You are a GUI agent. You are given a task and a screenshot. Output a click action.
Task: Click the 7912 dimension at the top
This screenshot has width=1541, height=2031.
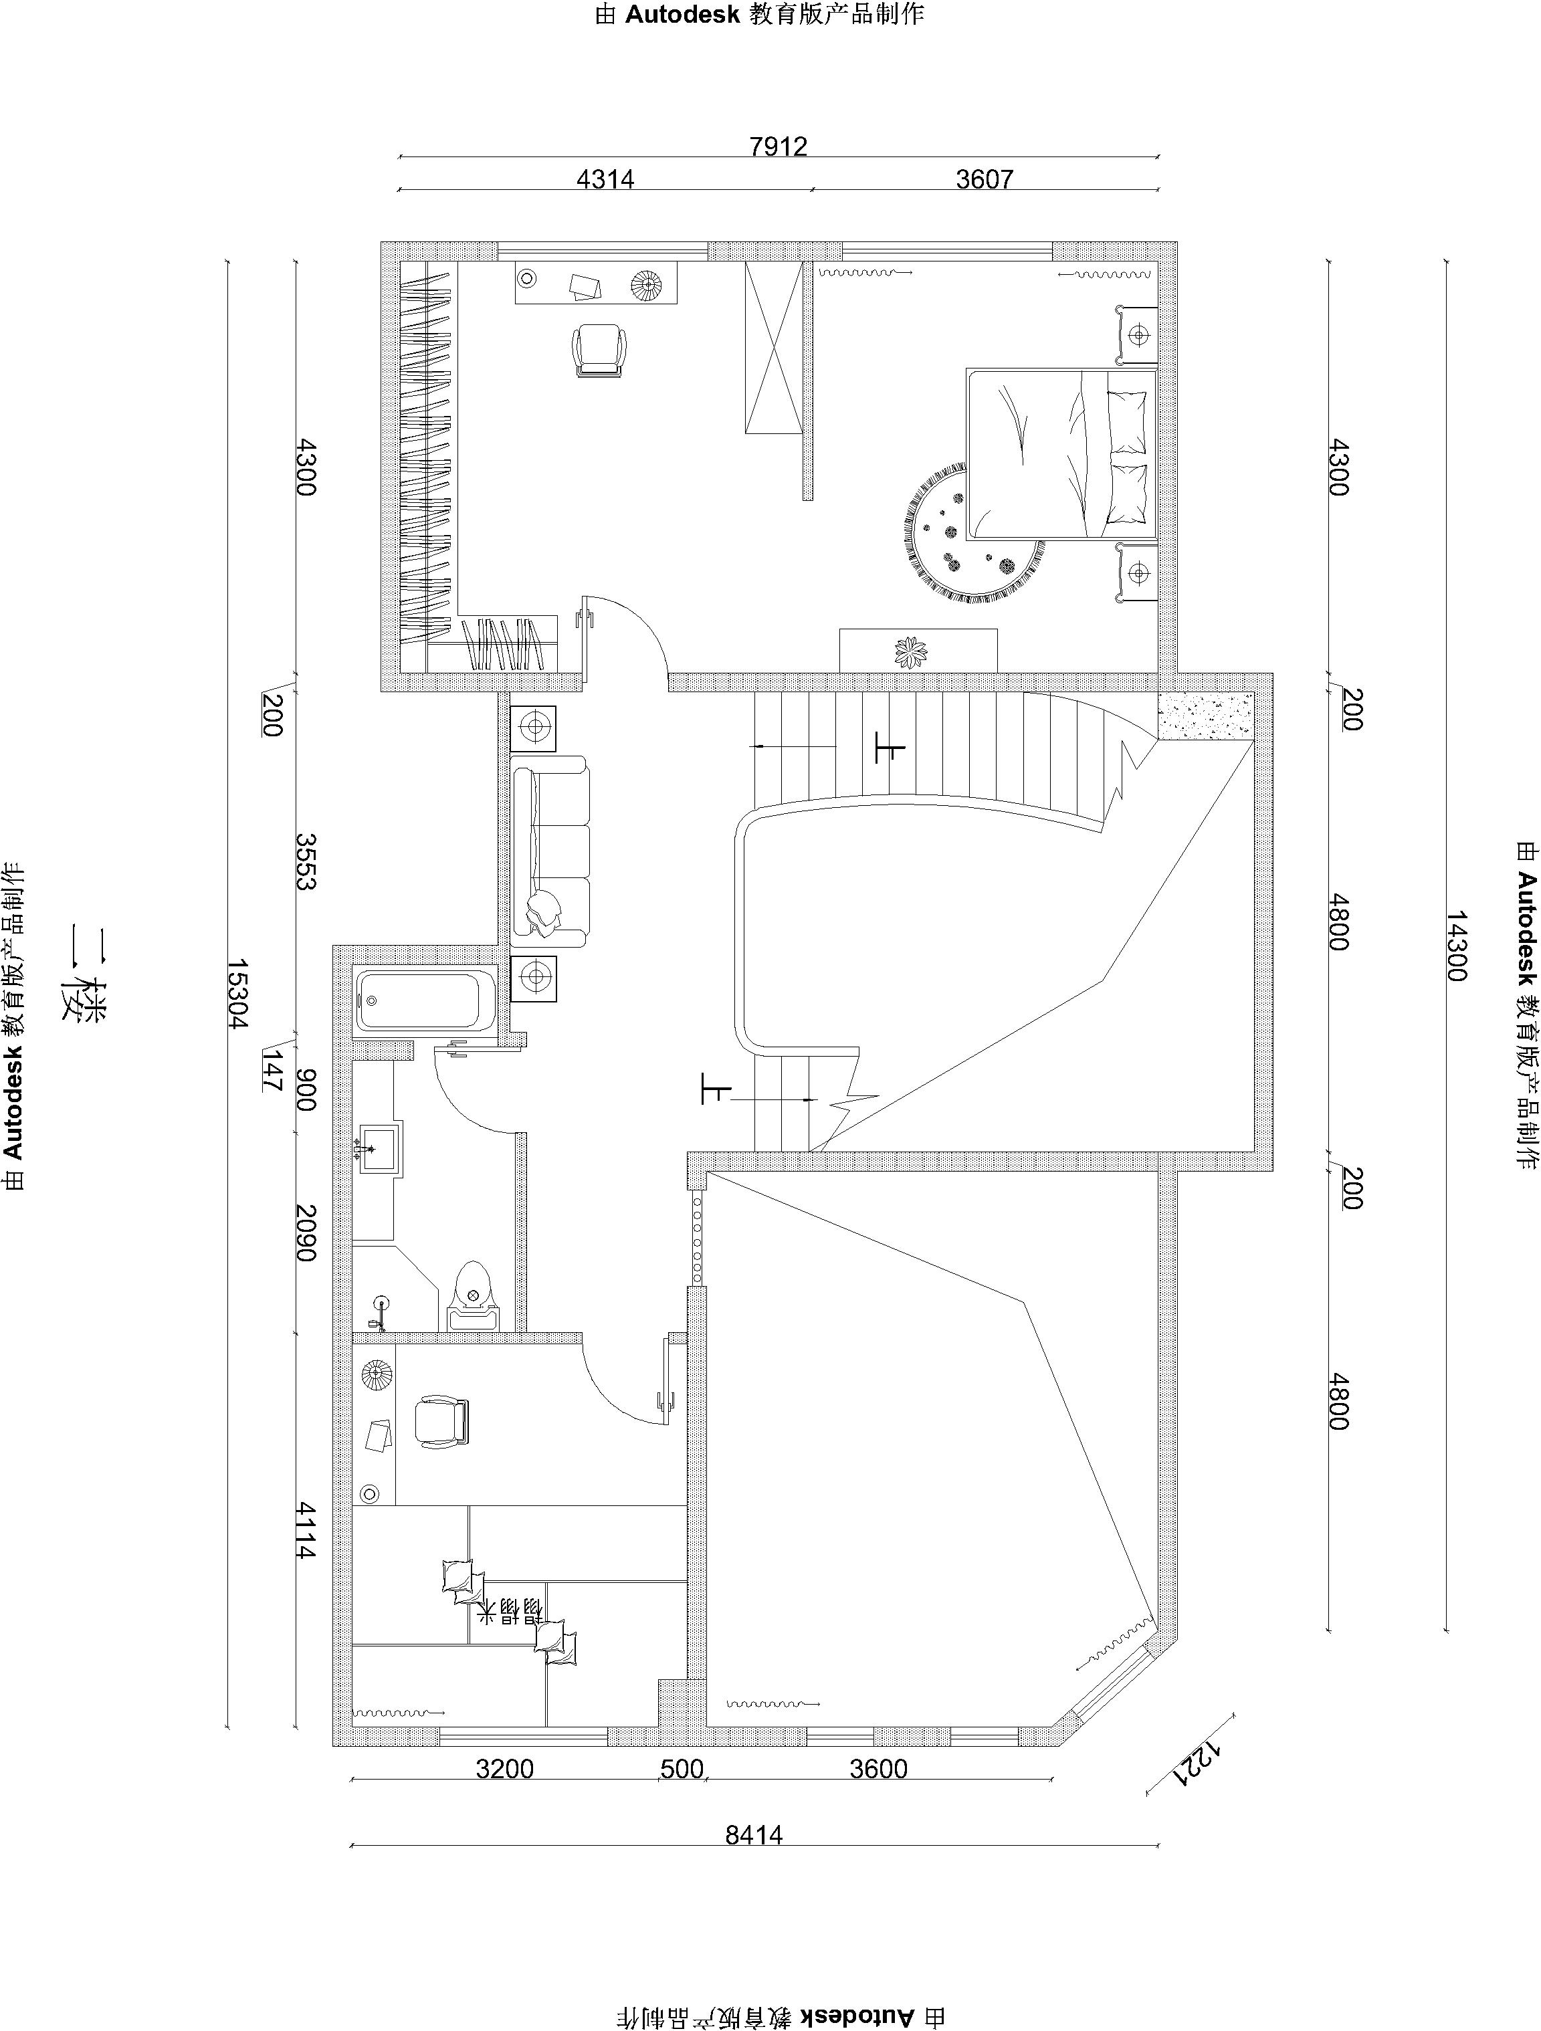pos(778,146)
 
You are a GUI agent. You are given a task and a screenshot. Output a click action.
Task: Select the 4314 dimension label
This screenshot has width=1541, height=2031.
pos(605,179)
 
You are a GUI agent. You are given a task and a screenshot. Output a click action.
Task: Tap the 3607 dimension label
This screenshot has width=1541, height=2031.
pos(985,179)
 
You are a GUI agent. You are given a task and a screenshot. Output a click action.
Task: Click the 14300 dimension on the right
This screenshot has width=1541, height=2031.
pos(1457,946)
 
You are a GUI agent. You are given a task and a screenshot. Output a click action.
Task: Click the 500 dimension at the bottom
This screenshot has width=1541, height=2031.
pos(682,1768)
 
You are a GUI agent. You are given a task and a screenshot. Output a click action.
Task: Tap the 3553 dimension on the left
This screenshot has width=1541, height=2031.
pos(307,861)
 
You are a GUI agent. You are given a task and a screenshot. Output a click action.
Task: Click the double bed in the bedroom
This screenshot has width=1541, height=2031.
pos(1061,453)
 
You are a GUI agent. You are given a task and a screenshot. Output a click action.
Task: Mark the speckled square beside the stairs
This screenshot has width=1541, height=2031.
pos(1207,716)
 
